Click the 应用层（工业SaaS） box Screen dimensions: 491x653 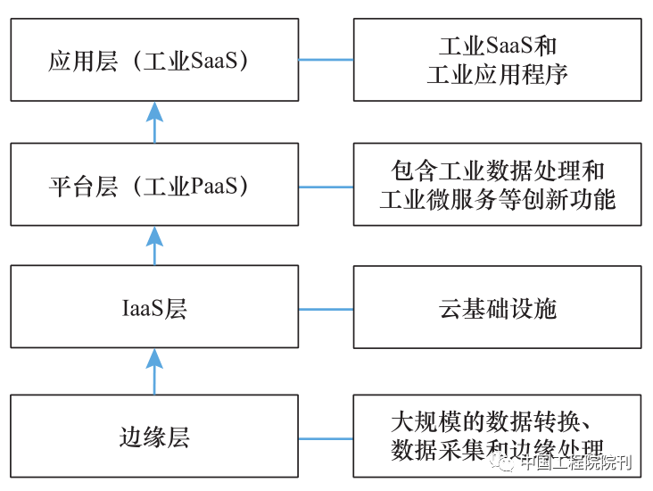(x=154, y=61)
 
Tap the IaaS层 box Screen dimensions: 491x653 (x=154, y=308)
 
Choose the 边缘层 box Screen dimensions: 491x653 (x=154, y=437)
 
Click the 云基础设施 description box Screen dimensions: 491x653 (x=497, y=308)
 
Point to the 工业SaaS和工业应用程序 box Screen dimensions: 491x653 (x=497, y=61)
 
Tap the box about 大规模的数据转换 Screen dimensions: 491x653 (x=497, y=435)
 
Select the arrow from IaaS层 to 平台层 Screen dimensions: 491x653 (x=154, y=246)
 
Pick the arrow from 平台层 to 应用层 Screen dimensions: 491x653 (x=154, y=122)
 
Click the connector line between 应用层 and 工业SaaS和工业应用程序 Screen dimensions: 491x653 (x=326, y=61)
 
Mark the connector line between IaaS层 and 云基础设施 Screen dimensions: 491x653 (x=326, y=309)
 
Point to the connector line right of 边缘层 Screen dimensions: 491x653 (x=326, y=438)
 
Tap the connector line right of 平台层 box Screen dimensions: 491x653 (x=326, y=187)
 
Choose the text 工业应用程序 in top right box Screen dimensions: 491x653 (x=497, y=75)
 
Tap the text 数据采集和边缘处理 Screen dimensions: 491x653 (x=497, y=450)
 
